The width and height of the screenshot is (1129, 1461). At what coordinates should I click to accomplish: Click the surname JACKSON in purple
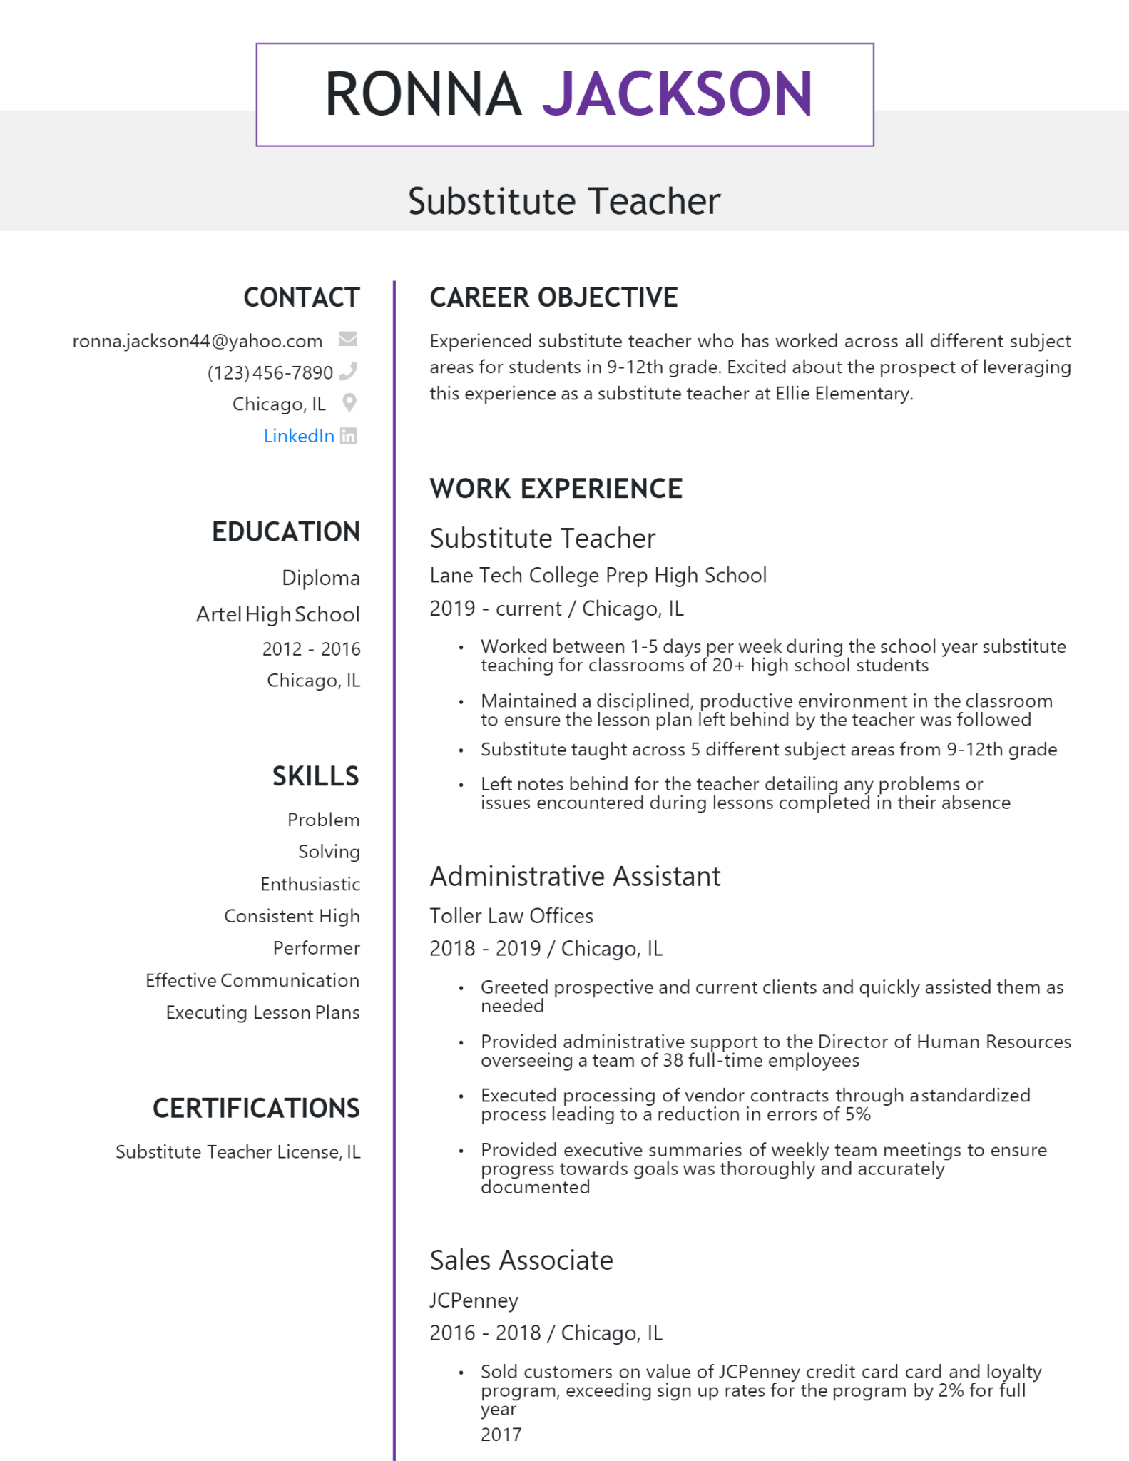point(677,94)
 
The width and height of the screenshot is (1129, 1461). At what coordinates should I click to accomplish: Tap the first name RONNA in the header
point(423,94)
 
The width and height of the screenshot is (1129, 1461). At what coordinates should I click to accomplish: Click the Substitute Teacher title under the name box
point(564,201)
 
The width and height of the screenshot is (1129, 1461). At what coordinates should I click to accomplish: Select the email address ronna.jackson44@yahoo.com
point(198,341)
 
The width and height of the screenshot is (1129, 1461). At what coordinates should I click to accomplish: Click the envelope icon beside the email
point(348,339)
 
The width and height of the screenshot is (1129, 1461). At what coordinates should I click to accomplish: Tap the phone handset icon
point(348,371)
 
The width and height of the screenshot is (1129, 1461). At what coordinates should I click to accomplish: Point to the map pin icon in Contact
point(349,403)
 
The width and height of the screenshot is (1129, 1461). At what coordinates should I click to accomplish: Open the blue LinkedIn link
point(299,436)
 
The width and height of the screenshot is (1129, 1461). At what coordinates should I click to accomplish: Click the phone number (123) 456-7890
point(270,372)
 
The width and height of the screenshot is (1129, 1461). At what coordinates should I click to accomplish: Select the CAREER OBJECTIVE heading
point(553,297)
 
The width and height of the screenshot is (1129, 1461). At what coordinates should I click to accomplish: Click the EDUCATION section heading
point(286,532)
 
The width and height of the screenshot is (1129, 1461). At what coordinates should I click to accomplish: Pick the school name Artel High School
point(278,614)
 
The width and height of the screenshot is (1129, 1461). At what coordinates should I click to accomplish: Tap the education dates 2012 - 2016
point(311,649)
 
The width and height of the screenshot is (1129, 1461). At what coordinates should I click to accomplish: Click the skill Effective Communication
point(252,980)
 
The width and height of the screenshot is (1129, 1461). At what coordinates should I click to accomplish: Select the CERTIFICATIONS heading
point(256,1109)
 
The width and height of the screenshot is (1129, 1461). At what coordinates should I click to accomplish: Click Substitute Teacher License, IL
point(237,1152)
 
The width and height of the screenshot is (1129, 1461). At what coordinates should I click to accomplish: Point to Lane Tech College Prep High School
point(598,575)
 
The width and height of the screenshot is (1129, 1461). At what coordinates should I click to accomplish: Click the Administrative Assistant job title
point(575,876)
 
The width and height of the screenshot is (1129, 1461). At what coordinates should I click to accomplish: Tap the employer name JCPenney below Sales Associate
point(474,1300)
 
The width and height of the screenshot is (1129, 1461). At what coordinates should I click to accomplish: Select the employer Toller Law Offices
point(511,916)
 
